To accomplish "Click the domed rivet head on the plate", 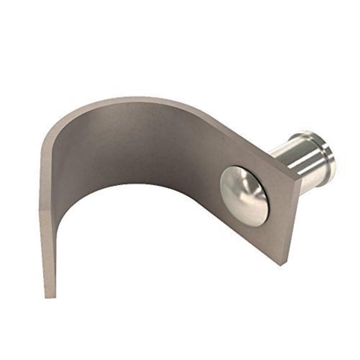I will point(244,194).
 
